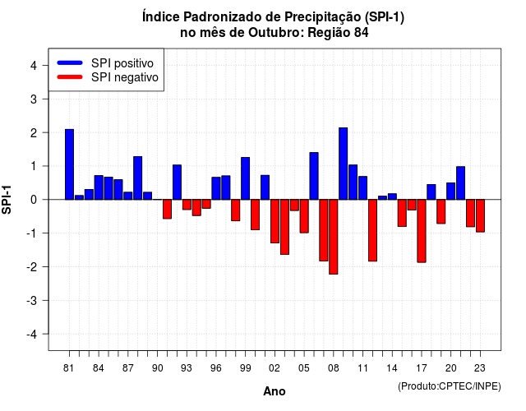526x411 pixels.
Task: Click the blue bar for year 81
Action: pos(69,164)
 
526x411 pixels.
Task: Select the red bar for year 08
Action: pos(334,237)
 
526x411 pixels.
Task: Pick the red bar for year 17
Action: pos(422,231)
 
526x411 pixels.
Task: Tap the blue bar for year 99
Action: pos(246,178)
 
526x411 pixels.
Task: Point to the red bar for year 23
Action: pos(480,215)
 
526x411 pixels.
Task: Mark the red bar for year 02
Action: pos(275,221)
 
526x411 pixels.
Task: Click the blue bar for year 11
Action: pos(363,188)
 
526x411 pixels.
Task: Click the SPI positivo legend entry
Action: pos(105,63)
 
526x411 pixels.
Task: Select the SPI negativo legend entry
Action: pos(108,77)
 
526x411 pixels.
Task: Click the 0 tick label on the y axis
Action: pos(34,200)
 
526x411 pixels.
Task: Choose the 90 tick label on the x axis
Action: pos(157,368)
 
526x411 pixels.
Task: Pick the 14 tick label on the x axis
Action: pos(392,368)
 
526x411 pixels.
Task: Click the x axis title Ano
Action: pos(275,391)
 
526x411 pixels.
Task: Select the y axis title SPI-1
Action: pos(7,200)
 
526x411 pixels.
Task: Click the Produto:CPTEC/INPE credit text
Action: pos(450,386)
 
